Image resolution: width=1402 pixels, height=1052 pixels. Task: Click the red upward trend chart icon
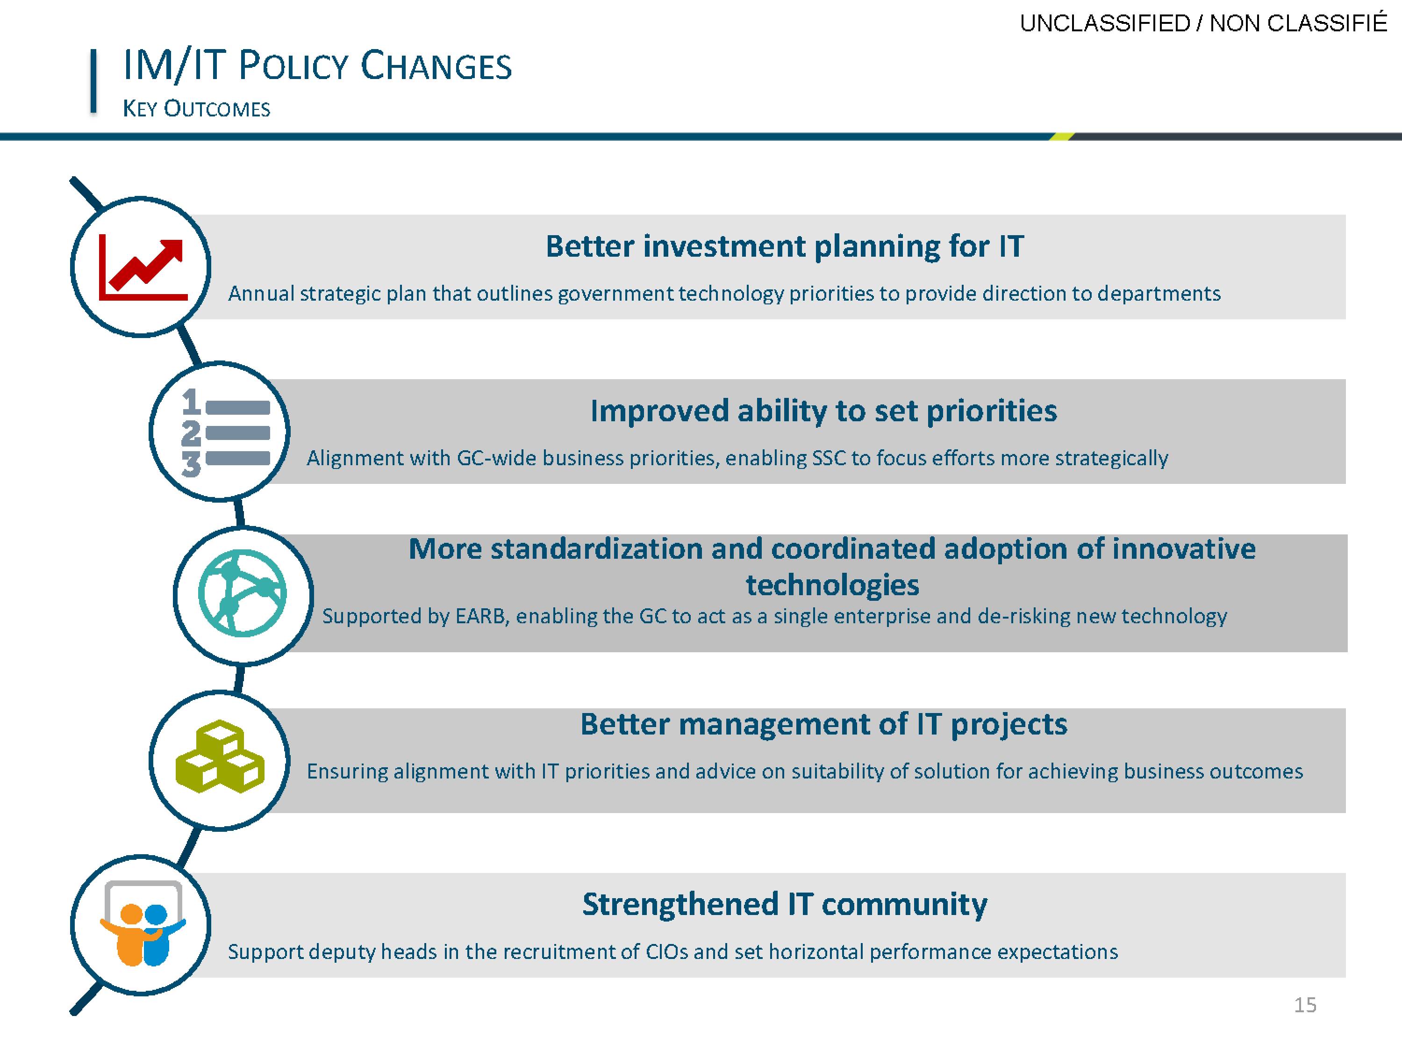[x=143, y=267]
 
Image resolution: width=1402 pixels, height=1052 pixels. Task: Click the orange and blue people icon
[x=143, y=924]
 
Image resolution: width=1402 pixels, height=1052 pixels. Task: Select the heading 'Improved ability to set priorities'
[x=824, y=411]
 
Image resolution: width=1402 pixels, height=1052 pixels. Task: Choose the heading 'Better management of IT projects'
[x=824, y=724]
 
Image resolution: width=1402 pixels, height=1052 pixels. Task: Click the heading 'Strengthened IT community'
[x=785, y=904]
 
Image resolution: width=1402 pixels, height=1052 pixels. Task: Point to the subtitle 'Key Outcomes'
[x=196, y=108]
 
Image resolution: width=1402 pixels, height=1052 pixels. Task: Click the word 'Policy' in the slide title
[x=294, y=65]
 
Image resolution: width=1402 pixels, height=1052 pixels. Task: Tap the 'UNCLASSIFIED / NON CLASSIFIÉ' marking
[x=1203, y=23]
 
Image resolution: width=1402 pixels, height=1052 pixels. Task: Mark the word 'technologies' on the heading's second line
[x=832, y=584]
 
